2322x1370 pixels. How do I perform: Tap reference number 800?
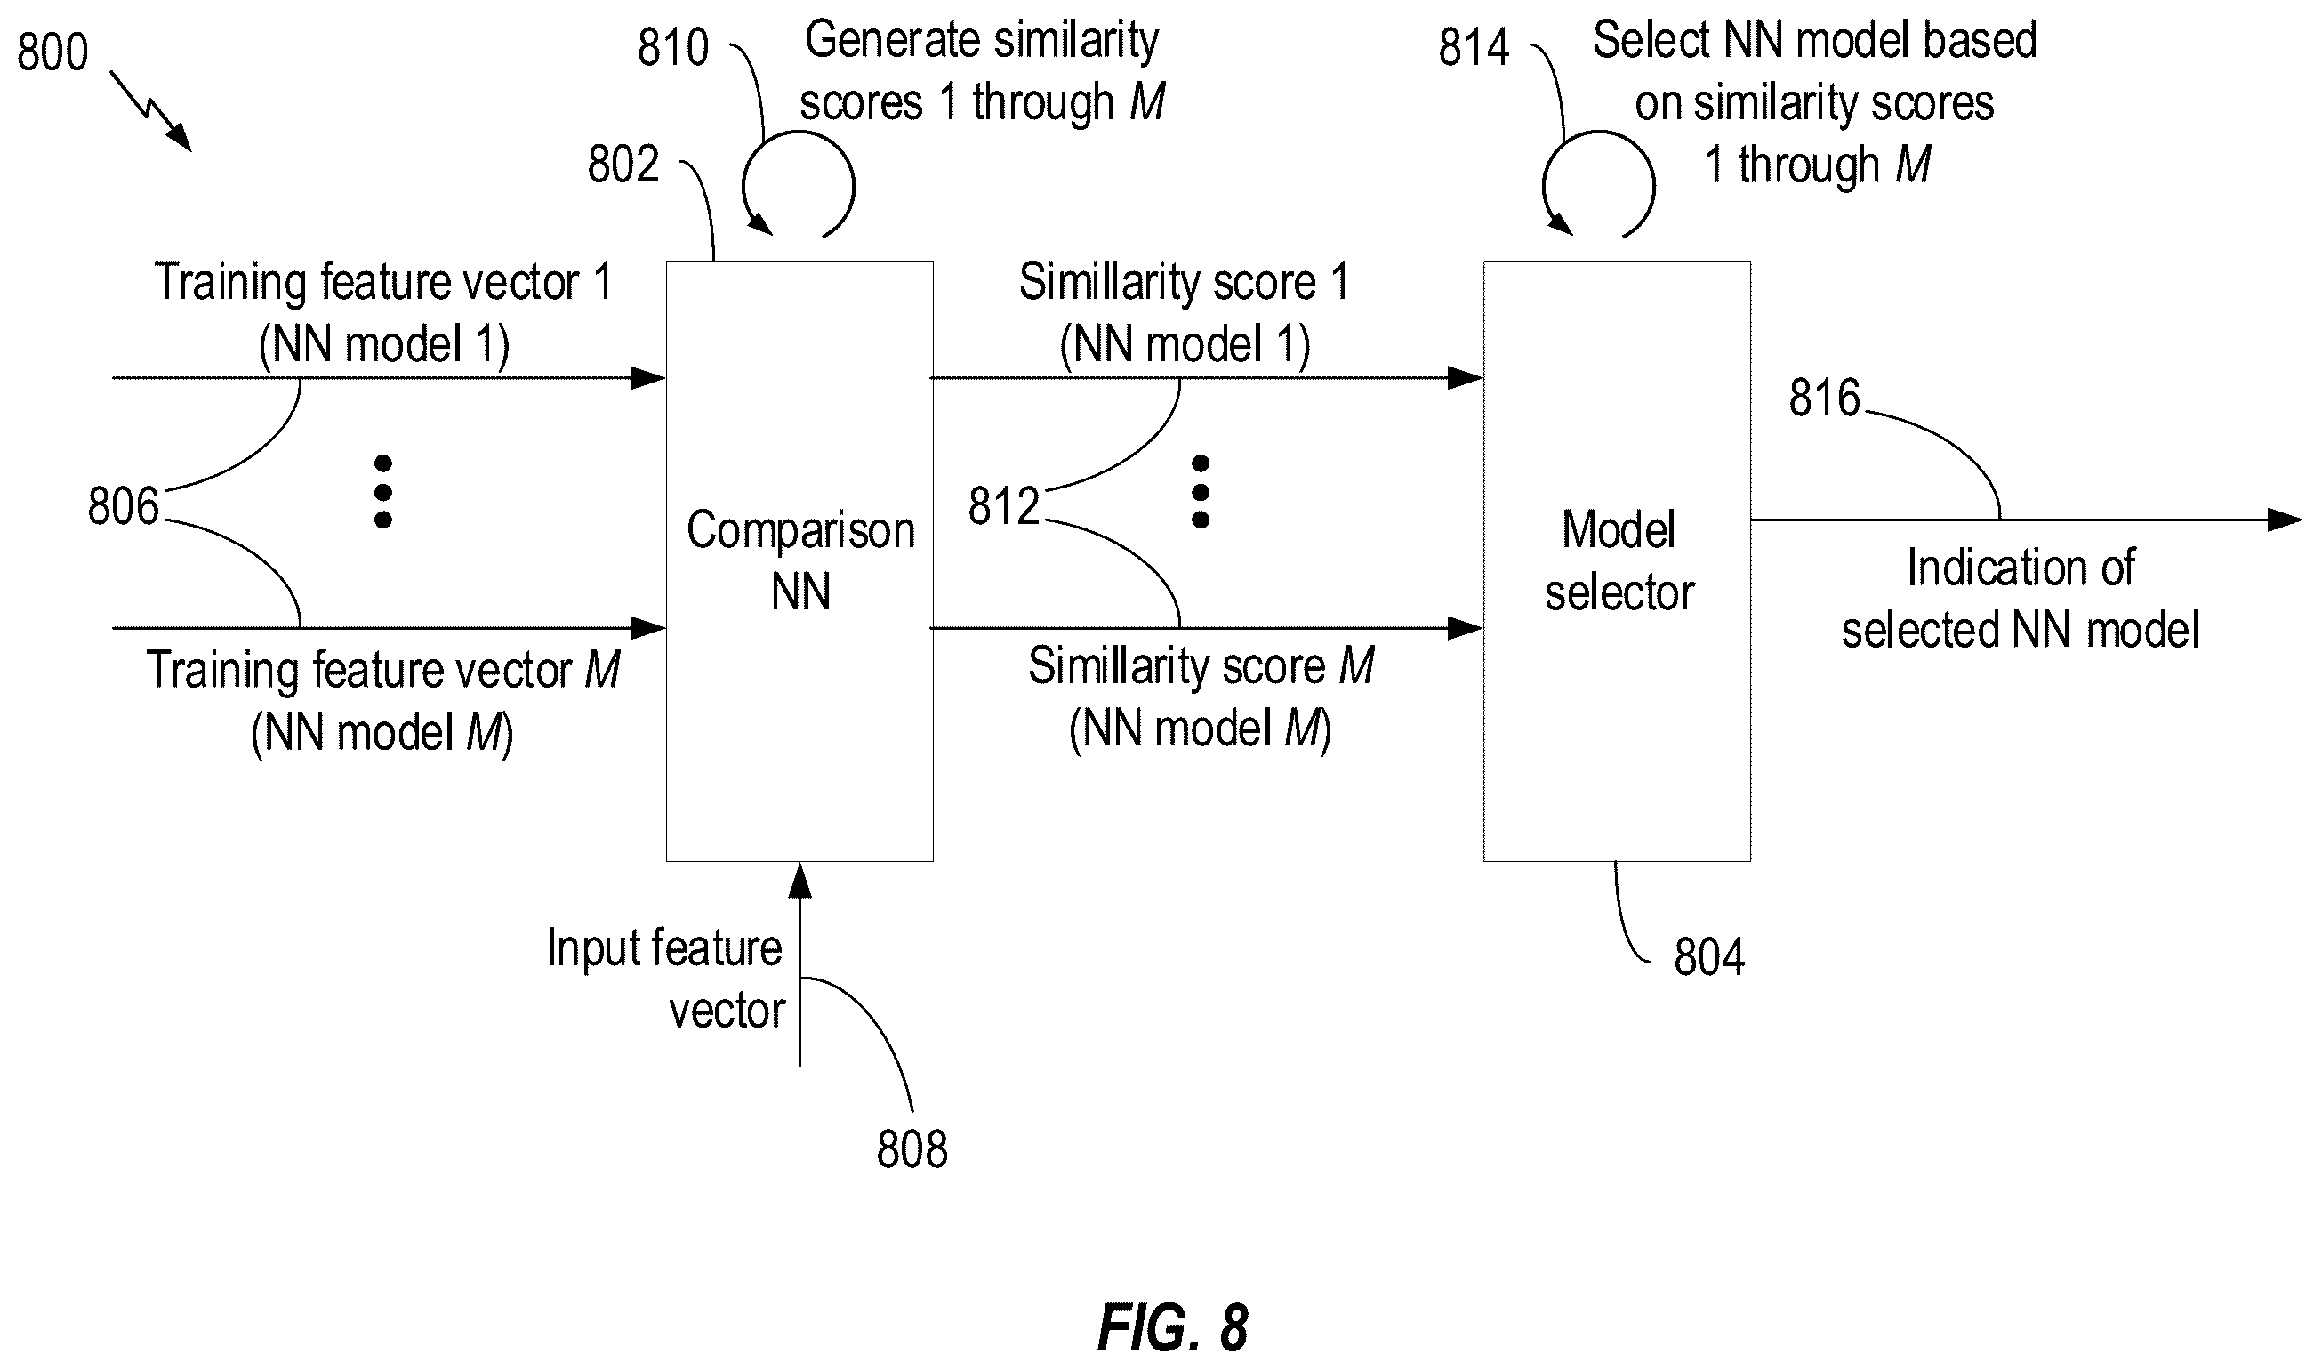pos(52,52)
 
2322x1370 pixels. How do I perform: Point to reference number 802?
pos(623,165)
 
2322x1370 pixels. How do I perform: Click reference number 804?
pos(1709,956)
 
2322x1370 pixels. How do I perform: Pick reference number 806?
pos(124,506)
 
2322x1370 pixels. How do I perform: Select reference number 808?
pos(912,1149)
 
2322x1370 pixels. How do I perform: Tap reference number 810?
pos(673,47)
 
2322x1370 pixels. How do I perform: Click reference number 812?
pos(1004,506)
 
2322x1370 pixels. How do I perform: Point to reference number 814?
pos(1474,47)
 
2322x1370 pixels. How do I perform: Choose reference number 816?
pos(1825,398)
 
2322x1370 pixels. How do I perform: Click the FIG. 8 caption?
pos(1173,1329)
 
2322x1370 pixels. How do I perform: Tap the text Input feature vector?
pos(665,979)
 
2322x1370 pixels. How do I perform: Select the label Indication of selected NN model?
pos(2021,598)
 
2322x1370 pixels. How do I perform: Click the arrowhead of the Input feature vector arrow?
pos(800,881)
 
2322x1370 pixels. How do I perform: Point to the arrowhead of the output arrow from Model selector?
pos(2285,520)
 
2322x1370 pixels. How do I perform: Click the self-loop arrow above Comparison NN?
pos(853,185)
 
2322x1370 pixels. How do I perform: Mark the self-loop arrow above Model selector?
pos(1653,185)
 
